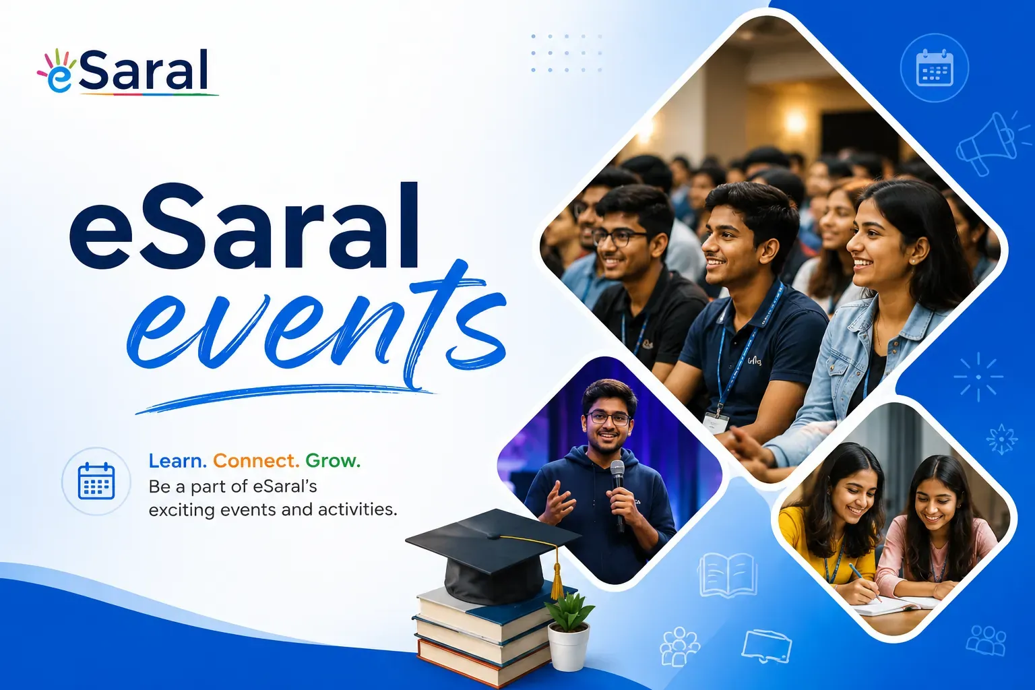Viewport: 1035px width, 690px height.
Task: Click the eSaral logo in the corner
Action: pos(127,72)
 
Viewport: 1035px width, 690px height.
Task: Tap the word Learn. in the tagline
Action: pos(177,461)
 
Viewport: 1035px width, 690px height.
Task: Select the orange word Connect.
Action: pos(256,461)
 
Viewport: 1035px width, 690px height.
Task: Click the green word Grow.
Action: pos(333,461)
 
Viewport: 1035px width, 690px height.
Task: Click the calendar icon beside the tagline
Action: pos(96,481)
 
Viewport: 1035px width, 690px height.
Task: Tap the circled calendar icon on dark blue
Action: pos(935,68)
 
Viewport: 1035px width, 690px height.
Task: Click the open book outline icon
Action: pos(728,575)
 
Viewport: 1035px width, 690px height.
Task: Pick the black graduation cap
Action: pos(493,555)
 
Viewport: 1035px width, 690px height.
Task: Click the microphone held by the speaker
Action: pos(618,495)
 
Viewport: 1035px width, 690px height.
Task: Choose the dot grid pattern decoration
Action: pos(567,53)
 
